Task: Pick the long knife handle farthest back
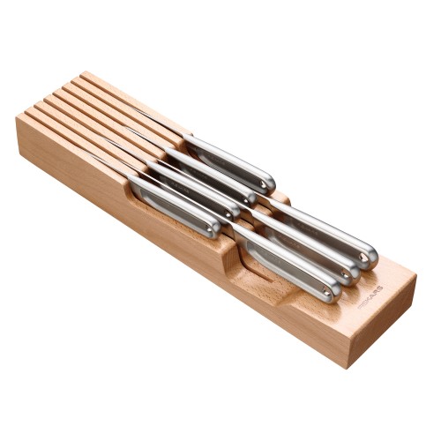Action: pos(322,231)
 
